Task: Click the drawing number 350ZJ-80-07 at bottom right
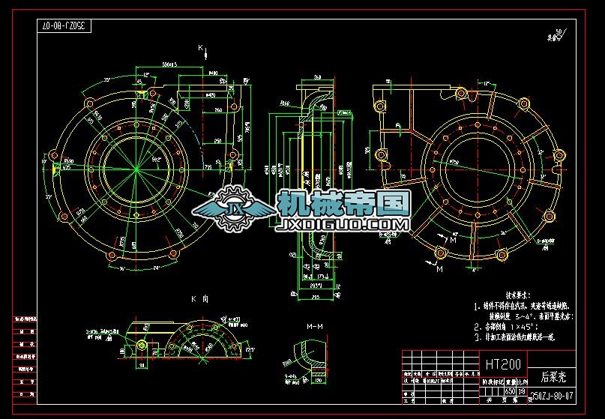pyautogui.click(x=552, y=395)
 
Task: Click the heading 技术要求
pyautogui.click(x=503, y=295)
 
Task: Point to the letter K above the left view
pyautogui.click(x=201, y=49)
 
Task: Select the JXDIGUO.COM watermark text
pyautogui.click(x=343, y=223)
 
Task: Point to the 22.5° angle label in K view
pyautogui.click(x=249, y=348)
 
